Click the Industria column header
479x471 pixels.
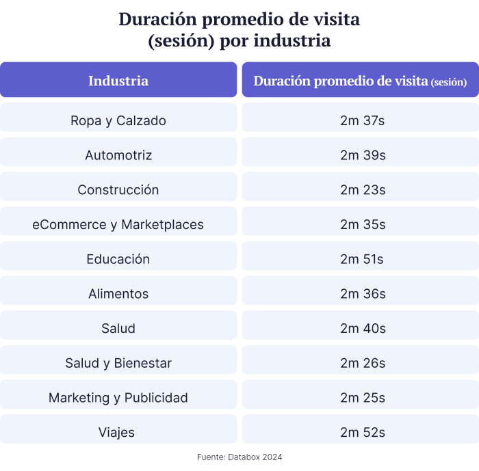[x=118, y=81]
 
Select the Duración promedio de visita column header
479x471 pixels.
[x=360, y=81]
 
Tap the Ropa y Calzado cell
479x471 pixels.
[x=118, y=120]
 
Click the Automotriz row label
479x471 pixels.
[x=118, y=155]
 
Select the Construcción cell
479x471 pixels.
[x=118, y=190]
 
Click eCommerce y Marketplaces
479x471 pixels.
[x=118, y=224]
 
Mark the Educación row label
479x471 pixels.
[x=118, y=259]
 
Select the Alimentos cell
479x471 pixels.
[x=118, y=294]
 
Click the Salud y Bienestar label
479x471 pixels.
[x=118, y=363]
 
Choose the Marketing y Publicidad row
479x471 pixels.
[x=118, y=398]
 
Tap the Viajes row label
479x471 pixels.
[x=118, y=432]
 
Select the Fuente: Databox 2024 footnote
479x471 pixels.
[x=239, y=457]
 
